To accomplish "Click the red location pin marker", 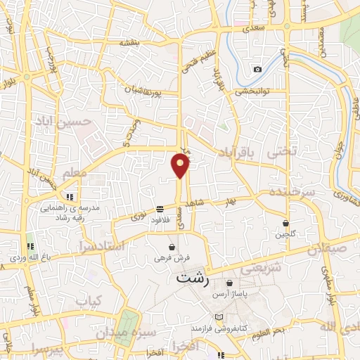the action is pyautogui.click(x=181, y=166).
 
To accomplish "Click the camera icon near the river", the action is pyautogui.click(x=257, y=69).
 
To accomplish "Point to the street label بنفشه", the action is pyautogui.click(x=130, y=42).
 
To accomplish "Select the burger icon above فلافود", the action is pyautogui.click(x=160, y=209).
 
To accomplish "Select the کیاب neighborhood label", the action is pyautogui.click(x=89, y=302).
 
